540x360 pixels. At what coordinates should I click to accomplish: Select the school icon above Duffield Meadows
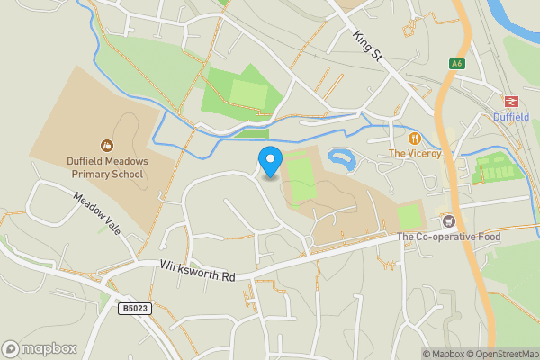tap(107, 145)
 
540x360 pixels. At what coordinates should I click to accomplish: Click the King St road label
tap(369, 46)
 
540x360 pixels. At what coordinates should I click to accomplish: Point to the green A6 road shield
tap(457, 63)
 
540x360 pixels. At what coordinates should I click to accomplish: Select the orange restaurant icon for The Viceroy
tap(414, 139)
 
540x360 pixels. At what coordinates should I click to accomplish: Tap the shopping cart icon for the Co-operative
tap(447, 220)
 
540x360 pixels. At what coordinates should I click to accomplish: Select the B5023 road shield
tap(133, 308)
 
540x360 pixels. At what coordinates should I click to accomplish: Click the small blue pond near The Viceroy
tap(343, 160)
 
